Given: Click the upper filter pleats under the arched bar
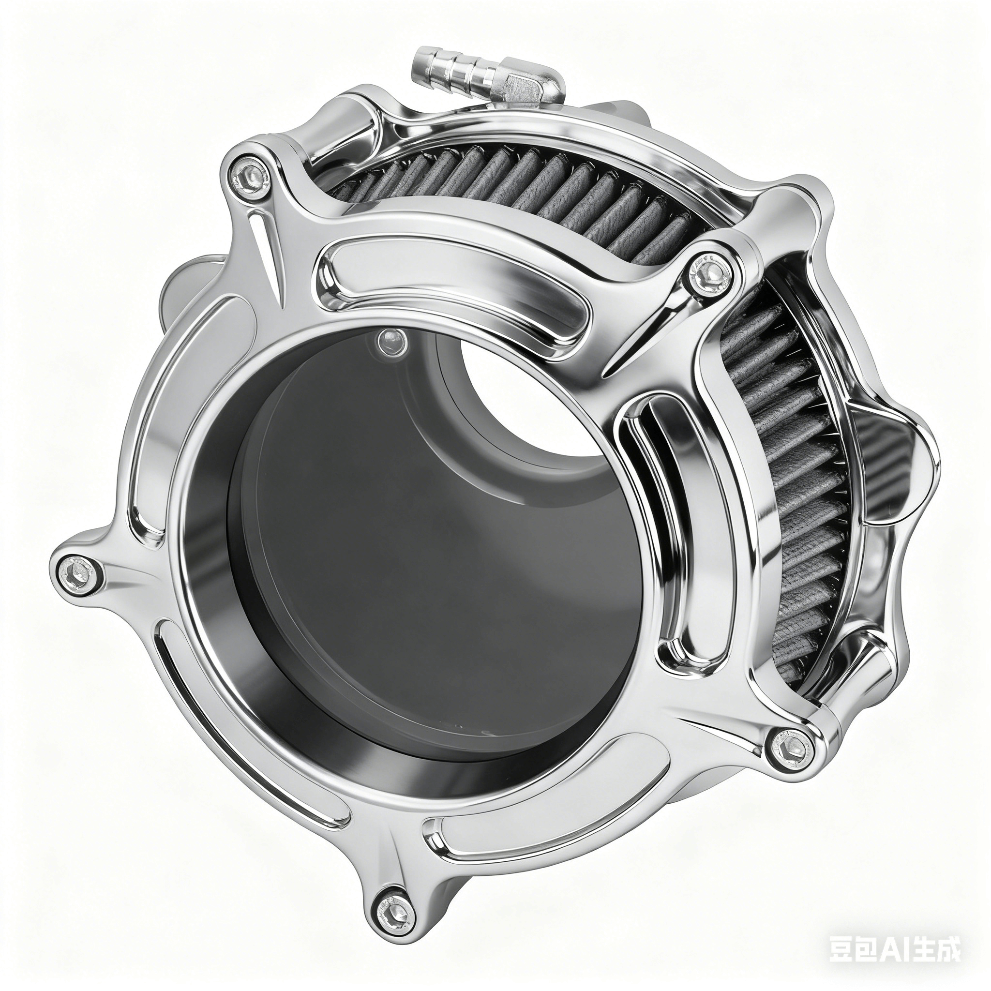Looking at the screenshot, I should (513, 190).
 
